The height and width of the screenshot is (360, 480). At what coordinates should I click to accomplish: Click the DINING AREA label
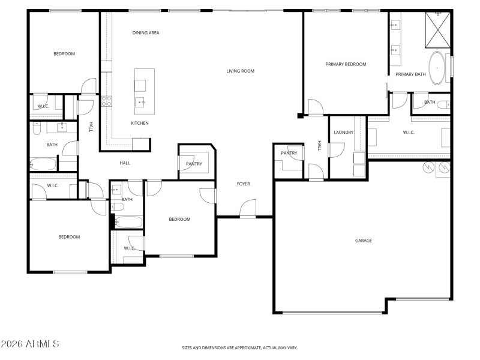[146, 33]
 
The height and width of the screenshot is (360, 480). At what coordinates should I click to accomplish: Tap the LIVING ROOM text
[240, 71]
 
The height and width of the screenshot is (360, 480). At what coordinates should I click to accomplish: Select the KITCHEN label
[140, 124]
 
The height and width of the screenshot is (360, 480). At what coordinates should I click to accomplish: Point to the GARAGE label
[364, 241]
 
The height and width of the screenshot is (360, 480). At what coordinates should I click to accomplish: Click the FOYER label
[243, 184]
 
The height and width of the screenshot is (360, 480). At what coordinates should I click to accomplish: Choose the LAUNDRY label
[344, 132]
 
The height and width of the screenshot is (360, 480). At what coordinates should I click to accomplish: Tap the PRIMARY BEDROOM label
[346, 64]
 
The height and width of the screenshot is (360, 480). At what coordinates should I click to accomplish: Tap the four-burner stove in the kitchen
[107, 101]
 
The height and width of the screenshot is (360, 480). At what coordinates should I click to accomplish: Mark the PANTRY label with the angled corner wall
[194, 163]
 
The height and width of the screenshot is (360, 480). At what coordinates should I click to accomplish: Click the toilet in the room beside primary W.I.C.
[443, 105]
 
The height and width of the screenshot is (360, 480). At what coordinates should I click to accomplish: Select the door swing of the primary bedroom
[314, 107]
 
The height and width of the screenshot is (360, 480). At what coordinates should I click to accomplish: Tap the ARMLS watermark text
[30, 344]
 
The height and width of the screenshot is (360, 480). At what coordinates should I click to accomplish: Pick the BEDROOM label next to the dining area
[64, 54]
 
